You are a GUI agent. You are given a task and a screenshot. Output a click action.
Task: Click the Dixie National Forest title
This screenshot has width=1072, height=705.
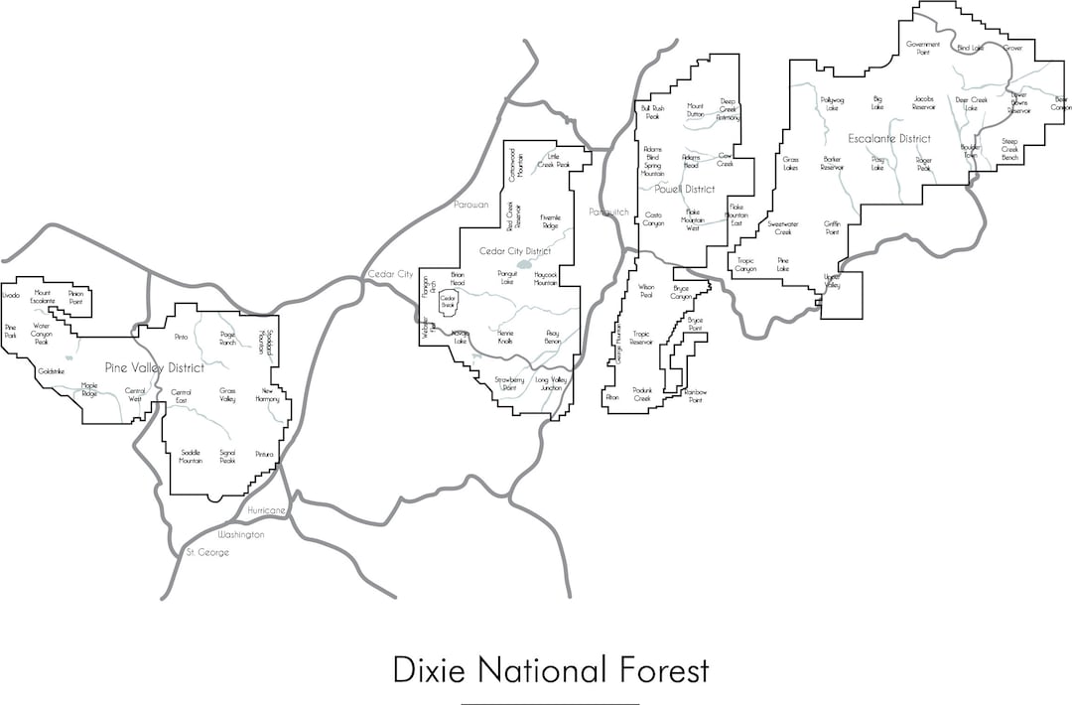click(551, 669)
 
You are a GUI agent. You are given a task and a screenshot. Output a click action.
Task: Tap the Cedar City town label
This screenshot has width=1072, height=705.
click(390, 273)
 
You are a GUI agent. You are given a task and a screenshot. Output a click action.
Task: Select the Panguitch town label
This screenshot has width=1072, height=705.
click(608, 211)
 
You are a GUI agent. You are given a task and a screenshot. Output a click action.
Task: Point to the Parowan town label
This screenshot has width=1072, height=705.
click(471, 204)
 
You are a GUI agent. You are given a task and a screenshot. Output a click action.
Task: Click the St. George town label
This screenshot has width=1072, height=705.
click(208, 552)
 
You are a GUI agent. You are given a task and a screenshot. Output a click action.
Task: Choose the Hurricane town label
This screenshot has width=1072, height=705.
click(267, 510)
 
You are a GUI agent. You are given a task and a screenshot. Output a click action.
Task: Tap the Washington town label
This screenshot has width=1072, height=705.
click(242, 534)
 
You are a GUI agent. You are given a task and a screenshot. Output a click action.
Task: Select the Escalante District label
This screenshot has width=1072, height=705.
click(889, 138)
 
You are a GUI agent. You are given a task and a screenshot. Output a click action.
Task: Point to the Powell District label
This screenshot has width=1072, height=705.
click(685, 189)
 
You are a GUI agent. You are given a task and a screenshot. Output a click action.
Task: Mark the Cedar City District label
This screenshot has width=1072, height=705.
click(515, 251)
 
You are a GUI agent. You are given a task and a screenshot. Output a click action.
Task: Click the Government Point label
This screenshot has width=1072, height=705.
click(923, 48)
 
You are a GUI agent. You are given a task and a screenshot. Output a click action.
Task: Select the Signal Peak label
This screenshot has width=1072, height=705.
click(227, 457)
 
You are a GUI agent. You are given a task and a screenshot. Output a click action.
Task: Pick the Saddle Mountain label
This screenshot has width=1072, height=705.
click(191, 457)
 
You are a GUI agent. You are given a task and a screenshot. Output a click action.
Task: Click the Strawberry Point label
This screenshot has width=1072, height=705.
click(509, 383)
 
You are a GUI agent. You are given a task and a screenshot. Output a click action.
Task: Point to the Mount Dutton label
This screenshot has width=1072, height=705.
click(695, 109)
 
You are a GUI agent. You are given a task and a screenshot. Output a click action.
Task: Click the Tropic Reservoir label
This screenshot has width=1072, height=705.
click(641, 338)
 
